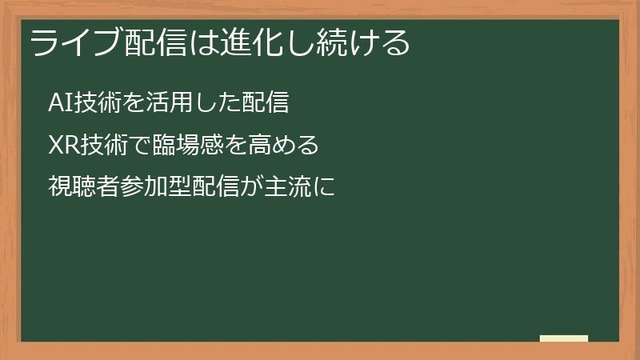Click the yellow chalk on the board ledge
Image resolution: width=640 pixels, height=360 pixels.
coord(563,338)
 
